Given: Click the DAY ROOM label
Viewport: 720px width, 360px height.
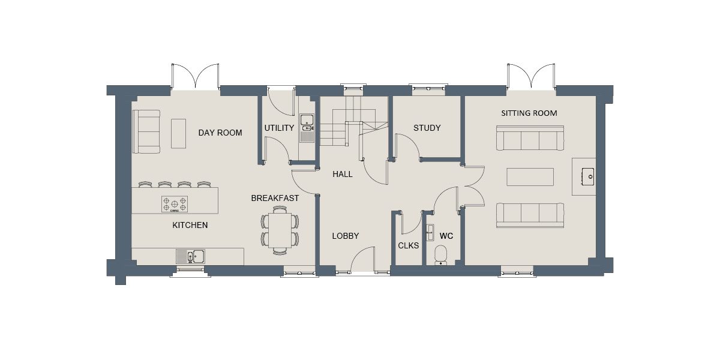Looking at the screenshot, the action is point(220,133).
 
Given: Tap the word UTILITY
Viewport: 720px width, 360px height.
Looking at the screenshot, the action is point(279,128).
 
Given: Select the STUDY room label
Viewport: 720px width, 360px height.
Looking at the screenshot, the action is point(427,128).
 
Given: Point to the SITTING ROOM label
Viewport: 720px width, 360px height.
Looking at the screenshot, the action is point(529,113).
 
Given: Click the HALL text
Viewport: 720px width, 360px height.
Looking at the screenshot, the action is point(343,174).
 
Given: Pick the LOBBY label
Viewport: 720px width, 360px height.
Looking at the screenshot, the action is point(345,236).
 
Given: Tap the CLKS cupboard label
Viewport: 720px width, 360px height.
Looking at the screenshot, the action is point(408,245).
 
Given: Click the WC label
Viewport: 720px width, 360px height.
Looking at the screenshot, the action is point(446,236).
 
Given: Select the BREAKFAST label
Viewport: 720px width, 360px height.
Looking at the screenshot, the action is point(275,199).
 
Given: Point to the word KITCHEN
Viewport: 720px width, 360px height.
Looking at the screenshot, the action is point(190,225).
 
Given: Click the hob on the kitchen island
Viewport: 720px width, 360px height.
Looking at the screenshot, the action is point(175,204).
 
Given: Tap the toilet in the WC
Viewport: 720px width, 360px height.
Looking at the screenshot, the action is point(440,256).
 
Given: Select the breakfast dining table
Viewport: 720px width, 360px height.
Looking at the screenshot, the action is point(280,230).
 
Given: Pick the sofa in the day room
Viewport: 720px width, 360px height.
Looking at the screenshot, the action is point(146,131).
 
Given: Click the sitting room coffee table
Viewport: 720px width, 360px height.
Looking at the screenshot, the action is point(530,177).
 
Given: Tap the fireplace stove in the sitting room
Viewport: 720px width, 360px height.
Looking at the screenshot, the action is point(587,176).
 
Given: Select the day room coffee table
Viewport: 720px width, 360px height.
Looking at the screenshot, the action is point(178,133).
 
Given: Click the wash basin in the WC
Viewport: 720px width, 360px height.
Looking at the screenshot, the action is point(430,232).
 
